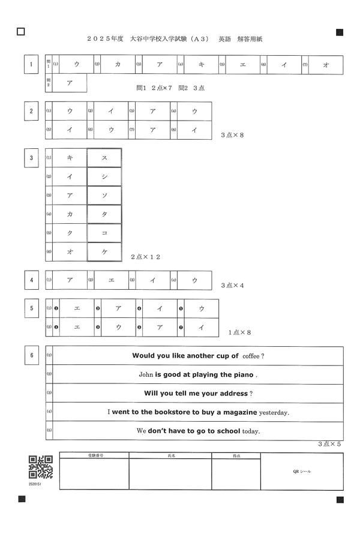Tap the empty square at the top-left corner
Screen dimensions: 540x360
point(21,31)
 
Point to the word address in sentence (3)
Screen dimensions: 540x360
point(232,393)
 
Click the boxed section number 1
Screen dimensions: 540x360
point(31,64)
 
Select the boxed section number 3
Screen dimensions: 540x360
point(31,158)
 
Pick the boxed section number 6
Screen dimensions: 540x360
point(31,355)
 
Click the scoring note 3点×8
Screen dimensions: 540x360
point(233,135)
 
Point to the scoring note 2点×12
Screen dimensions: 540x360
point(146,257)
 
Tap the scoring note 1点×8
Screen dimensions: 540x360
point(240,331)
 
